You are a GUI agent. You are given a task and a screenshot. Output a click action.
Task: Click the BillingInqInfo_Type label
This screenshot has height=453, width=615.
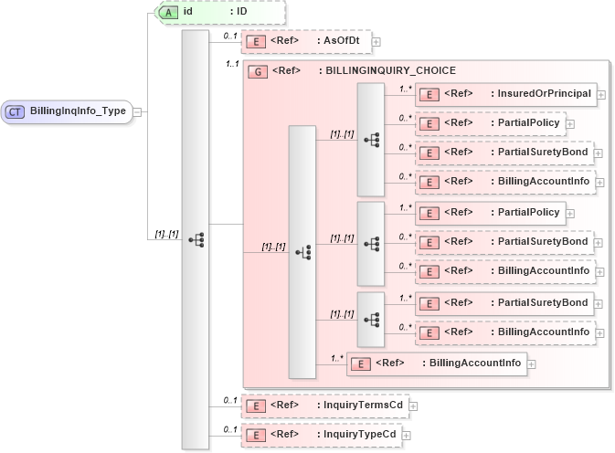click(x=78, y=111)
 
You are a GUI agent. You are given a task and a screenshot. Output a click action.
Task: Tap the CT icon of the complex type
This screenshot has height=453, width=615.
click(x=16, y=111)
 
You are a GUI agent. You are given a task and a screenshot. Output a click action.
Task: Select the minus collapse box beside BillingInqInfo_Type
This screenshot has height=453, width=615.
click(x=137, y=111)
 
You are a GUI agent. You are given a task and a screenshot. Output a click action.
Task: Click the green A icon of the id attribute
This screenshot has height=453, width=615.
click(x=169, y=12)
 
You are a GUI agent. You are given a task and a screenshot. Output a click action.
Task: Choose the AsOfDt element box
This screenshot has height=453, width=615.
click(x=305, y=41)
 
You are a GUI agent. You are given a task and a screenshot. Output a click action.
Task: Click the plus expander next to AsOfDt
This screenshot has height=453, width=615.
click(x=376, y=41)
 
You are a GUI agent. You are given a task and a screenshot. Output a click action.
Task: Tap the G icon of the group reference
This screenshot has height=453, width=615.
click(x=258, y=70)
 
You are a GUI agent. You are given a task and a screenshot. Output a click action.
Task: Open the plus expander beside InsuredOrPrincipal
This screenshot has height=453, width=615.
click(x=600, y=93)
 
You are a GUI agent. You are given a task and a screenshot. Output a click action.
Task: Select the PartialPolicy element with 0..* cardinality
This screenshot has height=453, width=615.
click(x=490, y=122)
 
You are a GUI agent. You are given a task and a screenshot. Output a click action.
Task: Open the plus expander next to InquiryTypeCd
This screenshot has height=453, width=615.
click(x=407, y=435)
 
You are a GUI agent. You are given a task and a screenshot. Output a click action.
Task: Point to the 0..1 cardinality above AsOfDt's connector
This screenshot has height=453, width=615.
click(x=229, y=35)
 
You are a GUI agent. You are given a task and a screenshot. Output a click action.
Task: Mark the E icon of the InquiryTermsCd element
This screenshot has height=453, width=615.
click(x=258, y=405)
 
